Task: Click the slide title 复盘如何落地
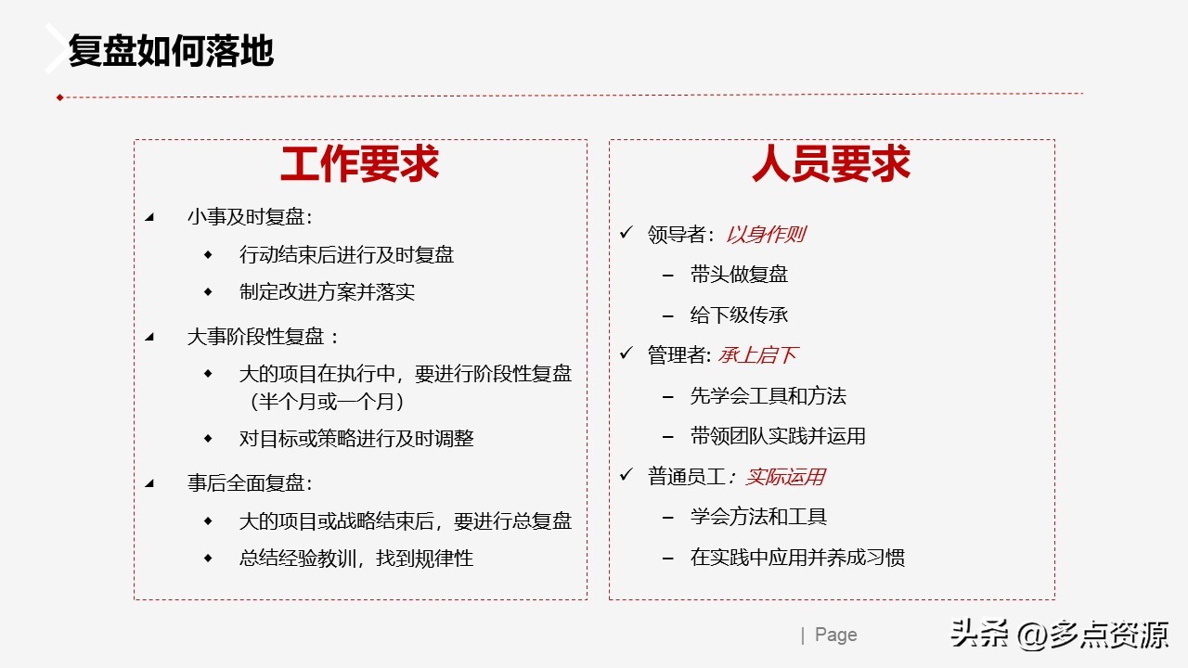[x=171, y=52]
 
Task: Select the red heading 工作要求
[x=359, y=165]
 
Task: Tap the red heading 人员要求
[x=831, y=165]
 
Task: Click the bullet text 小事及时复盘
[x=249, y=217]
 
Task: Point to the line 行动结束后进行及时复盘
[x=346, y=254]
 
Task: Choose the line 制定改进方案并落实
[x=327, y=291]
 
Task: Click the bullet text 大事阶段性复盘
[x=263, y=337]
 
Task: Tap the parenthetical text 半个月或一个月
[x=327, y=402]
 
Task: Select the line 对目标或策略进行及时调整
[x=356, y=438]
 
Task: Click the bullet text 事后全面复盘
[x=249, y=483]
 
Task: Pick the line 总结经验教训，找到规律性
[x=356, y=558]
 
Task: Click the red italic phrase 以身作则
[x=765, y=235]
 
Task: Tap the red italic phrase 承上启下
[x=757, y=355]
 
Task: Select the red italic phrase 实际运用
[x=784, y=477]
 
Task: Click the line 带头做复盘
[x=739, y=275]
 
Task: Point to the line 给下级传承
[x=739, y=315]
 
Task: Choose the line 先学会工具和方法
[x=768, y=396]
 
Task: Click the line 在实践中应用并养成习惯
[x=797, y=558]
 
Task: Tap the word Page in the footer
[x=835, y=635]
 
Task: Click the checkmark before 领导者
[x=626, y=233]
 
